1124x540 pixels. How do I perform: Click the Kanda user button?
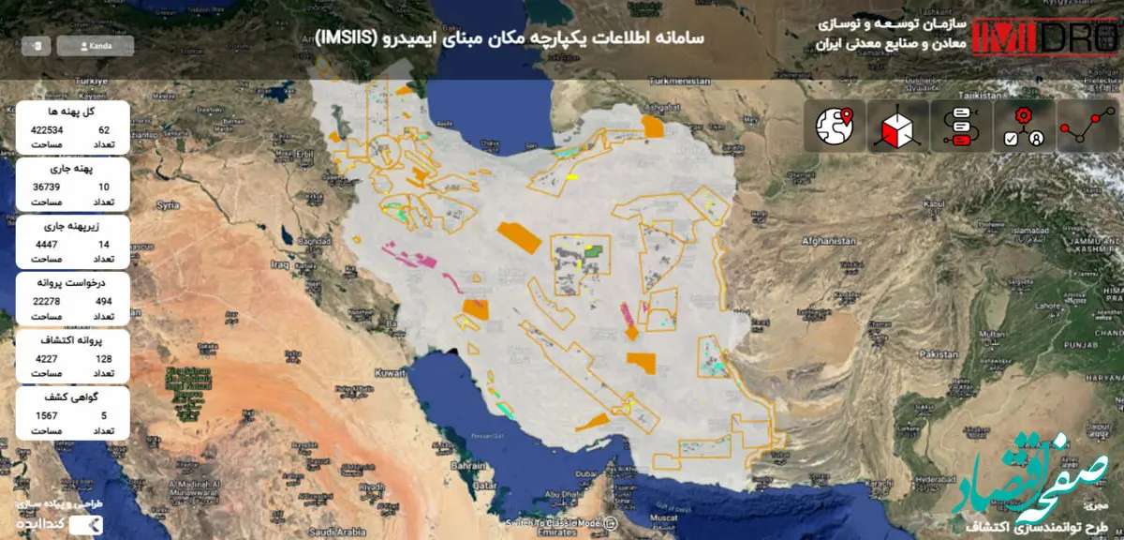(x=95, y=45)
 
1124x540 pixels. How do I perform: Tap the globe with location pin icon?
(x=836, y=126)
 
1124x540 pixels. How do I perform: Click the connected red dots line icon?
(x=1087, y=126)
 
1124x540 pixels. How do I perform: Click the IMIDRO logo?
(x=1045, y=38)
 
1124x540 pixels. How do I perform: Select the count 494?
(x=104, y=301)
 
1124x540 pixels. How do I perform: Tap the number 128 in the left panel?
(x=104, y=358)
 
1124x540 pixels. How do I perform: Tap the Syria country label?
(x=169, y=203)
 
